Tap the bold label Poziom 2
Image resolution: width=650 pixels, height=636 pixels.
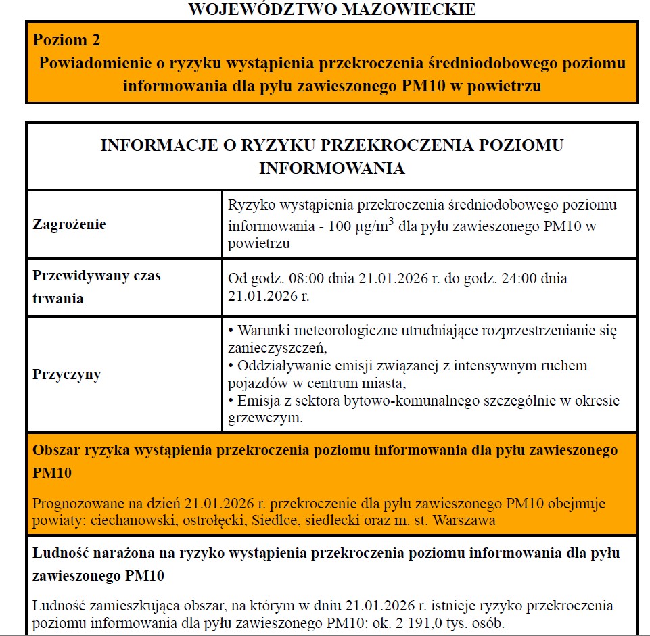[66, 40]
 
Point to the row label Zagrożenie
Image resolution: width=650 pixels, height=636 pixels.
[69, 224]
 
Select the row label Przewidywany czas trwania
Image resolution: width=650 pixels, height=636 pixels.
[96, 287]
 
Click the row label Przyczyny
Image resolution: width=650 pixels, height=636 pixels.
[67, 374]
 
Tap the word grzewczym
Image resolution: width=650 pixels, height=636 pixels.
[265, 418]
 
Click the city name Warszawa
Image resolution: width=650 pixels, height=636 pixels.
[466, 520]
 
